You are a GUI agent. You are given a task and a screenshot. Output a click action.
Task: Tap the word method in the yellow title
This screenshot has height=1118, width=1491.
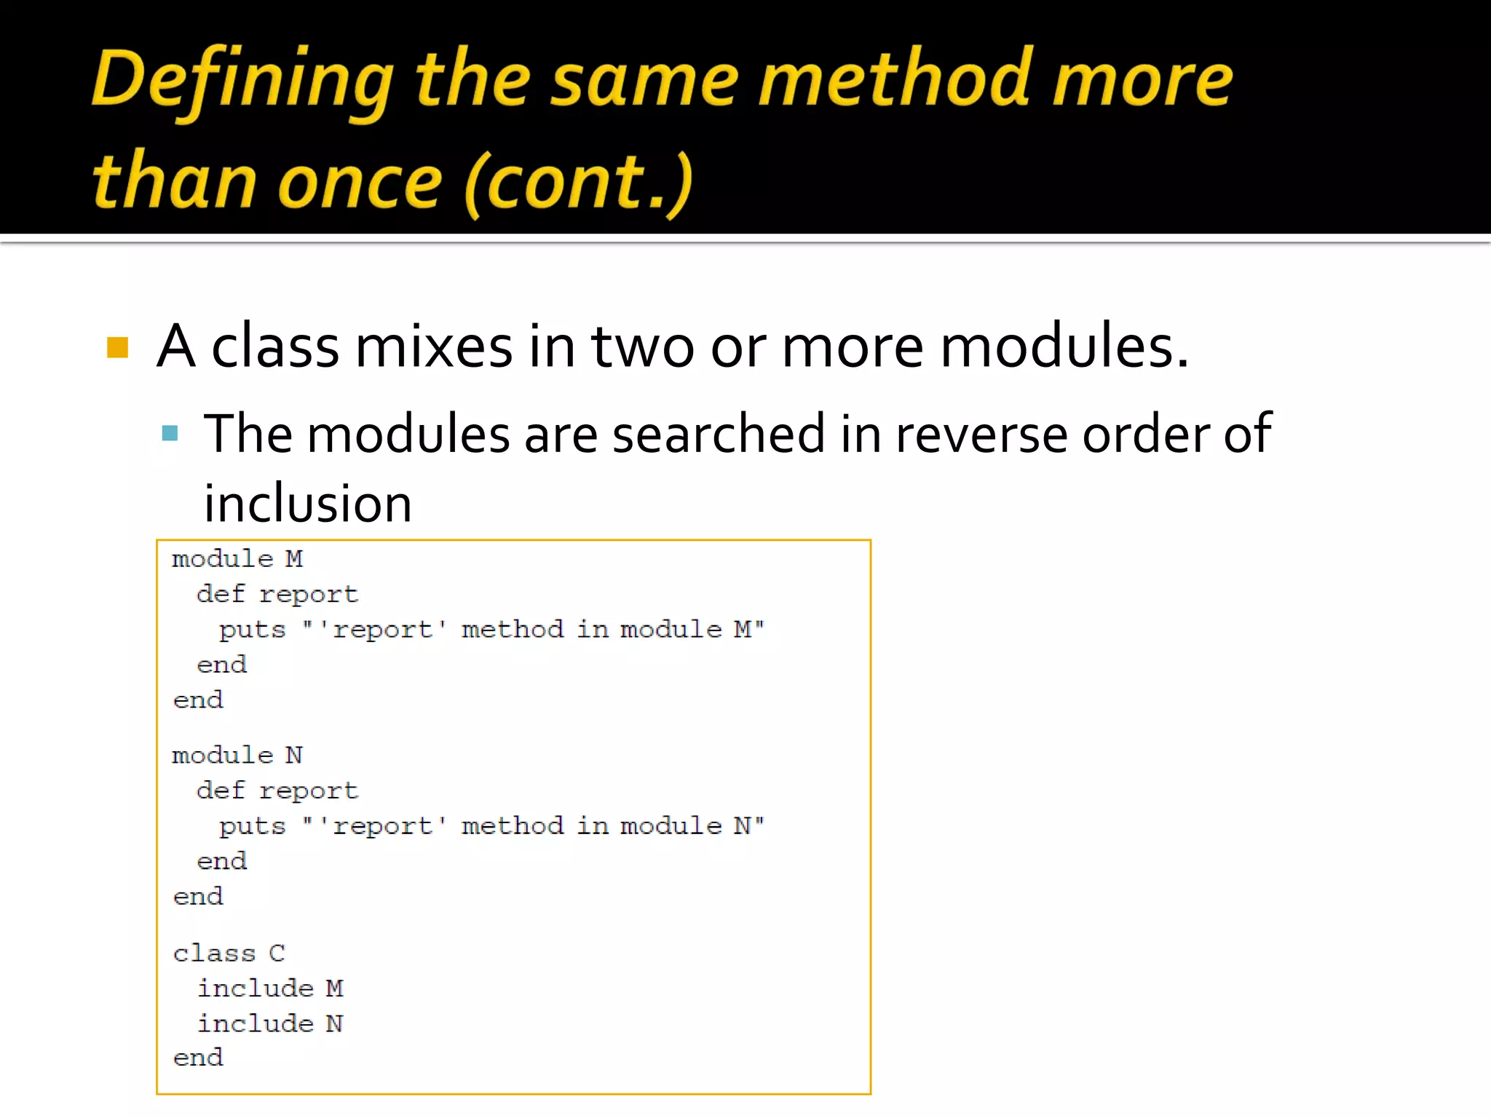click(895, 79)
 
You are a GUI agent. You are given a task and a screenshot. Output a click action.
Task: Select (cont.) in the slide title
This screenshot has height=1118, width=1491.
click(578, 182)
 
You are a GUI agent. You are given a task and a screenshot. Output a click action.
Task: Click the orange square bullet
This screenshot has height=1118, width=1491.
click(117, 347)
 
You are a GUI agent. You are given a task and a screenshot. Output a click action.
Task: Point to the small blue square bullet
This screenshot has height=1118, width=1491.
click(170, 434)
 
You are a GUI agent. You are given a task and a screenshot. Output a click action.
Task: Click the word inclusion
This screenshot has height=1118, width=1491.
click(308, 504)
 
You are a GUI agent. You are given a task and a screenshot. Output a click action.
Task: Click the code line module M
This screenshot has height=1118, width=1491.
click(237, 559)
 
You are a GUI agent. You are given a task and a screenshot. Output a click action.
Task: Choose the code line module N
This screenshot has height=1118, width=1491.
click(237, 756)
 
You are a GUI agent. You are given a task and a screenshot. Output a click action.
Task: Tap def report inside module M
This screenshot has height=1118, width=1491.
click(277, 594)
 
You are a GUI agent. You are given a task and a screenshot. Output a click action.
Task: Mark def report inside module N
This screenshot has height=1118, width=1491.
click(277, 790)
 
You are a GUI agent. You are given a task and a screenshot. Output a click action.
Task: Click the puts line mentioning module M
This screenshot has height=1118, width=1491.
click(491, 630)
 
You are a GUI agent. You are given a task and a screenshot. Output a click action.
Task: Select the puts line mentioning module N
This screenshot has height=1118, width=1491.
click(491, 826)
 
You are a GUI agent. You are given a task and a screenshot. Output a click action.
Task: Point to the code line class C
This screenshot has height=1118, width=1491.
click(229, 953)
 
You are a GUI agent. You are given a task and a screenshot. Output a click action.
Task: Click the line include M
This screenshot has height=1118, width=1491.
click(270, 988)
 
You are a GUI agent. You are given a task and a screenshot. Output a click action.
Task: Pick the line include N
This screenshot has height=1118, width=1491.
click(270, 1023)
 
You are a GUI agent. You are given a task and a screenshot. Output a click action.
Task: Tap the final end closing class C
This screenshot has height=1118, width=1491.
click(198, 1058)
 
